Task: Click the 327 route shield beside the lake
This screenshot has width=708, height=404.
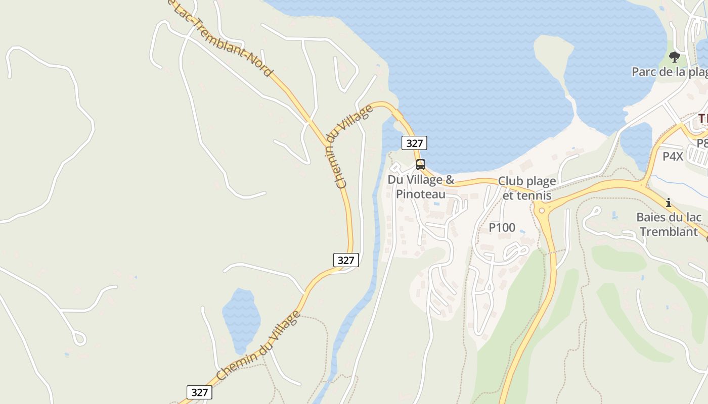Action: pos(414,143)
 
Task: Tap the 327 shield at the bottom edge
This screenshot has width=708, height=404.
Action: pos(200,392)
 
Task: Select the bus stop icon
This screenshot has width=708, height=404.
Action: pos(420,164)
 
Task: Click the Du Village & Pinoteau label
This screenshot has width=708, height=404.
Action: pos(421,187)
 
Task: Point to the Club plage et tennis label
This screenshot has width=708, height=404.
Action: pos(527,188)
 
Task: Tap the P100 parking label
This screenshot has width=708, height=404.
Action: pos(502,228)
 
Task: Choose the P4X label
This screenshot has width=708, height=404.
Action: pos(673,156)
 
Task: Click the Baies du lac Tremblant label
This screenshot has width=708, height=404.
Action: pos(669,225)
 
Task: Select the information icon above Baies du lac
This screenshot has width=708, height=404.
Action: pos(669,203)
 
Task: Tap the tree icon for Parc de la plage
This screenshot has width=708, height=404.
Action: pos(674,57)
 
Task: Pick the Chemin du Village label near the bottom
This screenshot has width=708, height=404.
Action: pos(258,346)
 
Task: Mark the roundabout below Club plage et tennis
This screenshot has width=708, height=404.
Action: pos(542,210)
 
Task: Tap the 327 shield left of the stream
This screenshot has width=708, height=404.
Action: pos(346,260)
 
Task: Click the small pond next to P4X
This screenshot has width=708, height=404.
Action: pos(636,144)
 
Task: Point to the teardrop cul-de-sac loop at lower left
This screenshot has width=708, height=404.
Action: pos(79,338)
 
